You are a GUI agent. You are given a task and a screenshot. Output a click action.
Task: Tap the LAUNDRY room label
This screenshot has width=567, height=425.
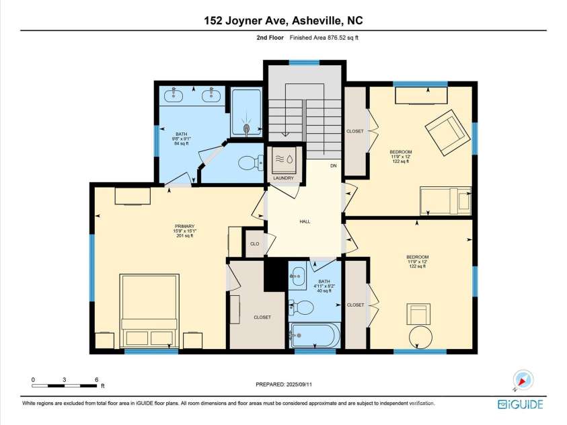[283, 178]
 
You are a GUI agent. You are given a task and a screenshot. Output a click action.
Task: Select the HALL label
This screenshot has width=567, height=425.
[304, 222]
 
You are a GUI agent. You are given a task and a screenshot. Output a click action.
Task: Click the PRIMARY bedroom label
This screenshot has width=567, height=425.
[184, 226]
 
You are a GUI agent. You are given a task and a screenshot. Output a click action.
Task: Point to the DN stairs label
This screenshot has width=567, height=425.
[333, 165]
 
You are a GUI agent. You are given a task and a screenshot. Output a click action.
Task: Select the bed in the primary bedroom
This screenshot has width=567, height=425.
[149, 311]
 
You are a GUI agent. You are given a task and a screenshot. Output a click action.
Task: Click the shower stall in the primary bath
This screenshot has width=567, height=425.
[247, 114]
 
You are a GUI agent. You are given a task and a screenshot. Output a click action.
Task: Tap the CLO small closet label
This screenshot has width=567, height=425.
[254, 244]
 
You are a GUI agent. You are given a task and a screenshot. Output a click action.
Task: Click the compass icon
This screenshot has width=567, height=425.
[522, 379]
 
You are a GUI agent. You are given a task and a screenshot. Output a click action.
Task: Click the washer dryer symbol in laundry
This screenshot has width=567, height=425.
[283, 160]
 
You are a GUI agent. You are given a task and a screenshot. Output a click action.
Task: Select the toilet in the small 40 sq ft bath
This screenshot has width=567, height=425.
[303, 308]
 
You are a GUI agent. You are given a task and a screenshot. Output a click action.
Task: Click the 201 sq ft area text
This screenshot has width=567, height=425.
[184, 236]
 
